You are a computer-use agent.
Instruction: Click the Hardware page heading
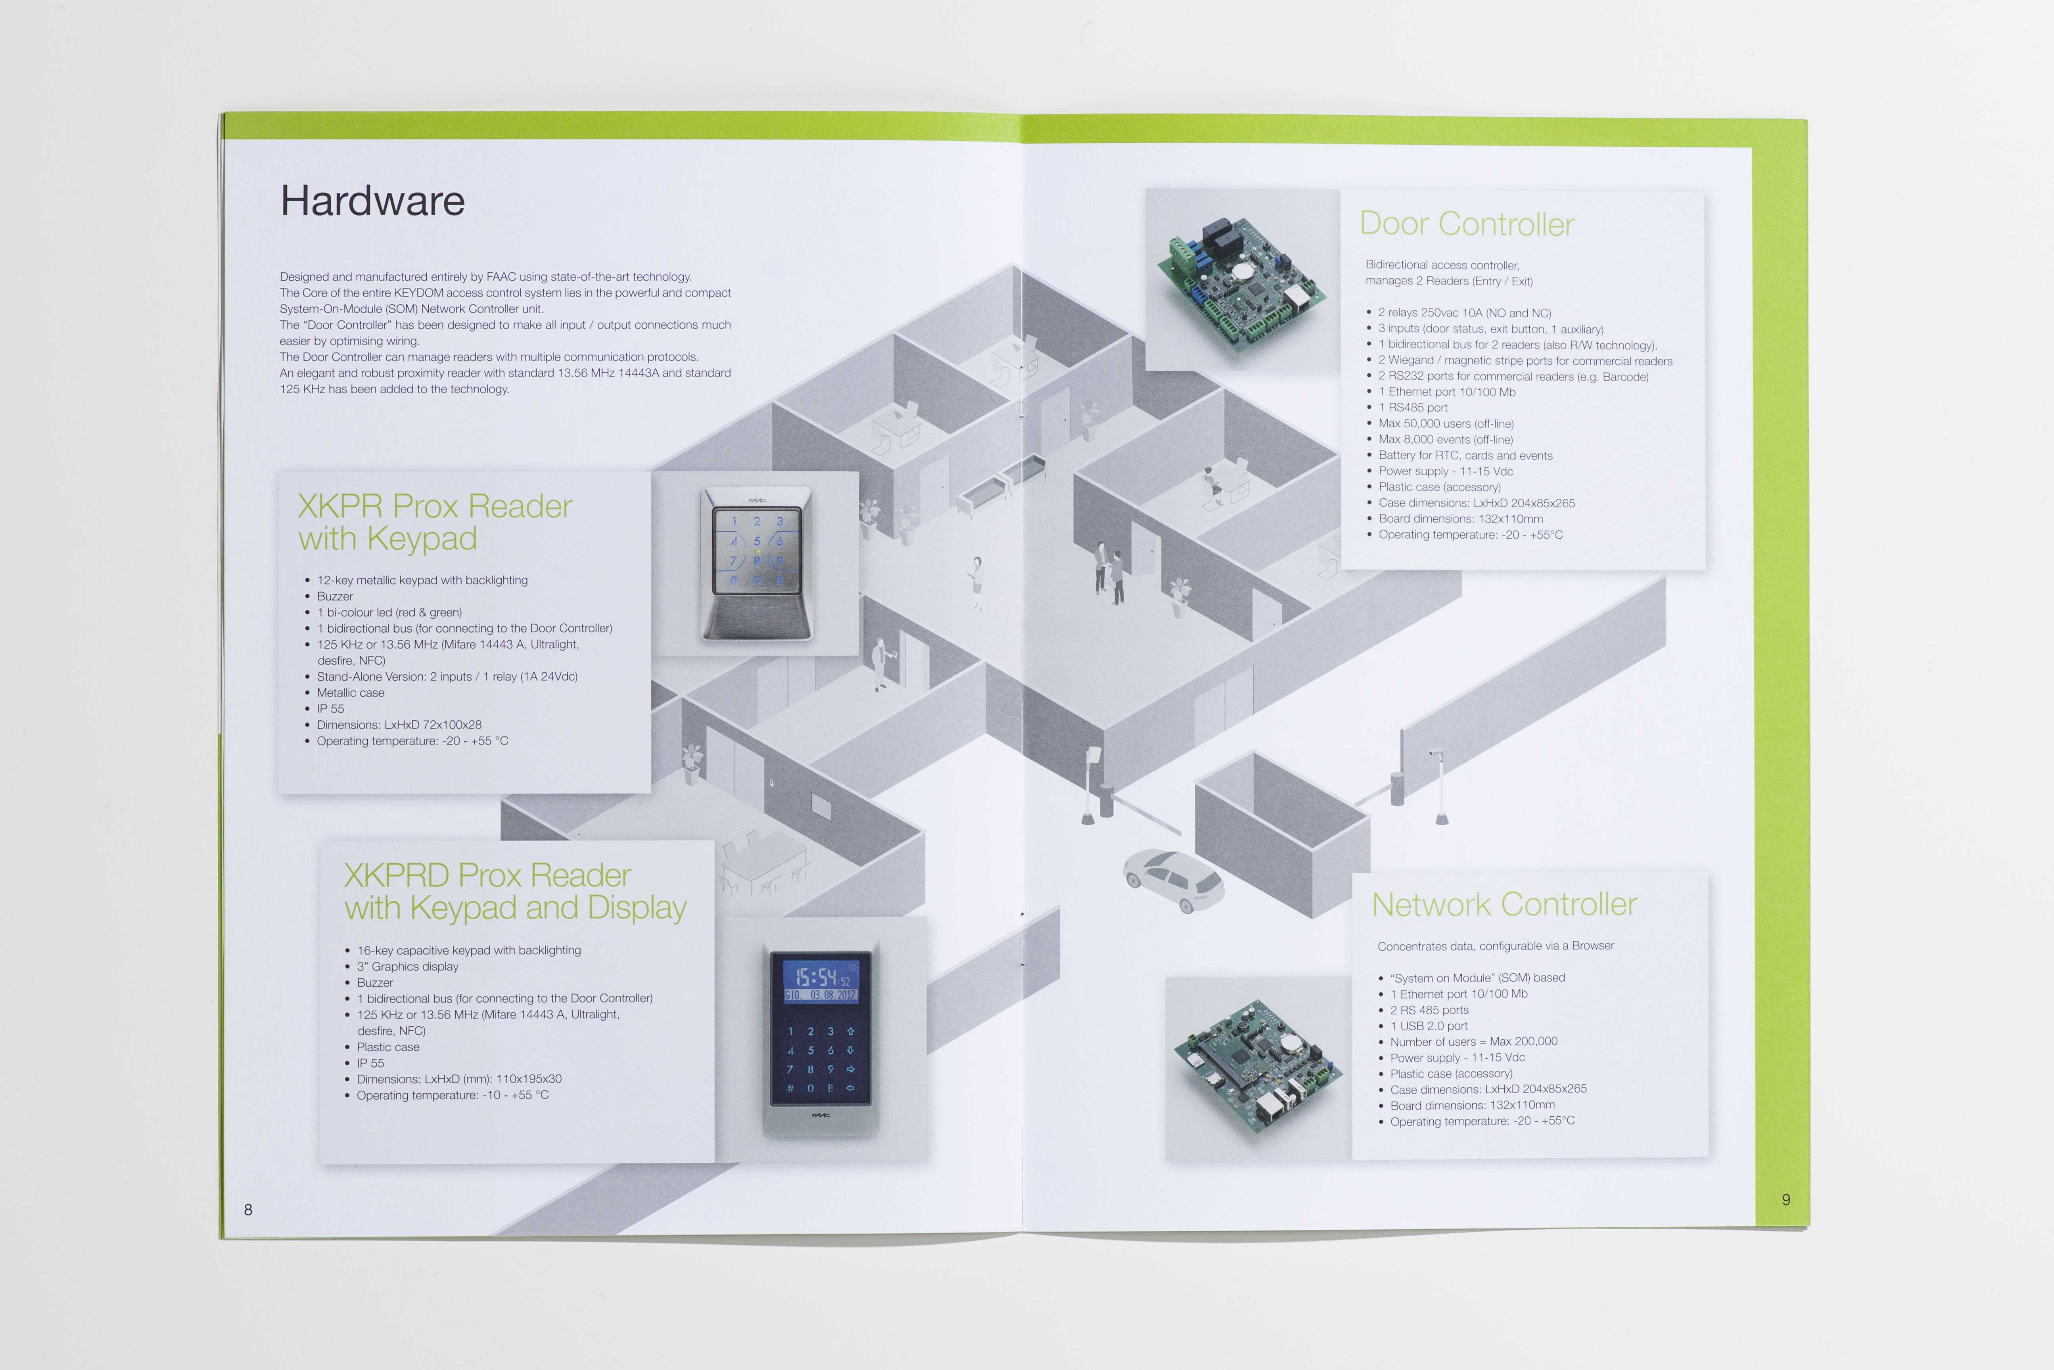pos(372,201)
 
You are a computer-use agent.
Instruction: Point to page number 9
pos(1786,1200)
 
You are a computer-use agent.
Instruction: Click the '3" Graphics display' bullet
pos(407,966)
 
